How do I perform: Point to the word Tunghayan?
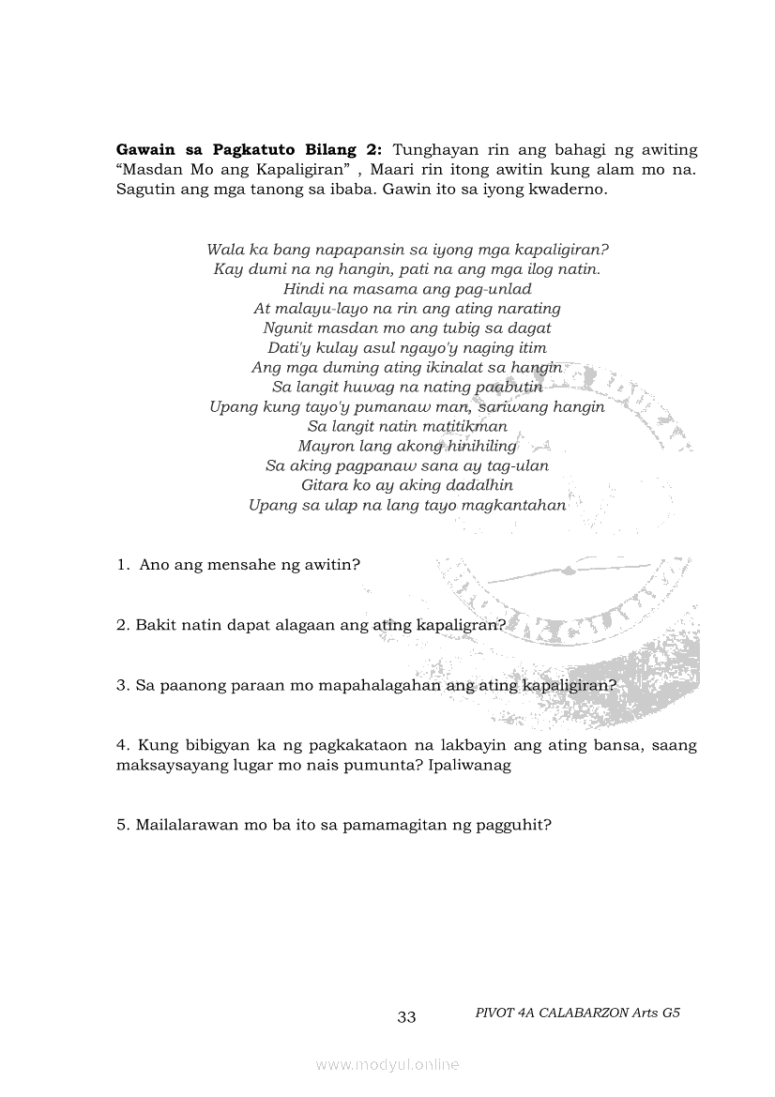pos(435,150)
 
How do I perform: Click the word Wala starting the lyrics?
pos(223,250)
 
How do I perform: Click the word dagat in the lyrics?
pos(530,328)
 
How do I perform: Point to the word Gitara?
pos(325,485)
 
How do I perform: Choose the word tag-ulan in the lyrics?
pos(518,465)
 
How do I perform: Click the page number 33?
pos(406,1017)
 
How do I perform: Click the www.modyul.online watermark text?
pos(387,1065)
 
